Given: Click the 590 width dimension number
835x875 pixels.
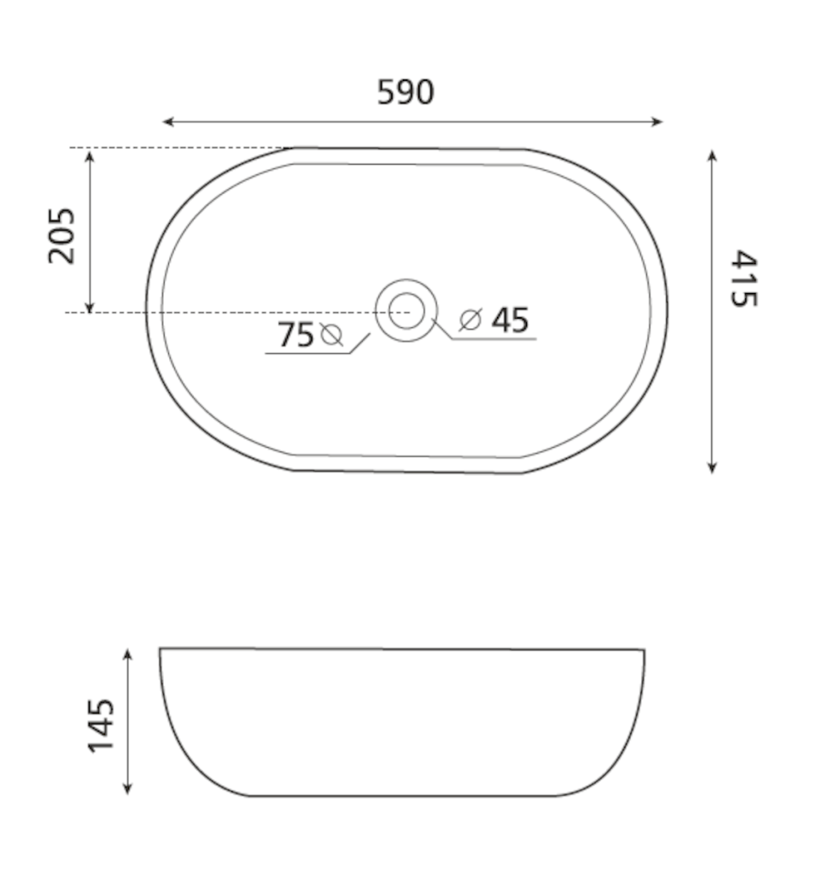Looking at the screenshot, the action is (x=406, y=92).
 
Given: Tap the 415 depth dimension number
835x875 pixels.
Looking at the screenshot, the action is (x=744, y=279).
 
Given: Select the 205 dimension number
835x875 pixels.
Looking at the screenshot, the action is (x=61, y=236).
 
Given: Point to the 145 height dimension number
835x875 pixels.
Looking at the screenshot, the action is (x=101, y=725).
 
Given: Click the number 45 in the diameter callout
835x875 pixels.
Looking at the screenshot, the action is (x=510, y=320).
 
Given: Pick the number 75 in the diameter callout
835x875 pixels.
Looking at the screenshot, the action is (x=295, y=335).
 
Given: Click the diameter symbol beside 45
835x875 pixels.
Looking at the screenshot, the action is (x=470, y=320).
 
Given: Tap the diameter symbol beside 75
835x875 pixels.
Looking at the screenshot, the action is (x=331, y=335).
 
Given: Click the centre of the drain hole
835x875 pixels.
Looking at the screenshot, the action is (x=406, y=311).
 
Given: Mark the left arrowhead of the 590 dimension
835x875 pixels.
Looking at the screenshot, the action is (x=167, y=121).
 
